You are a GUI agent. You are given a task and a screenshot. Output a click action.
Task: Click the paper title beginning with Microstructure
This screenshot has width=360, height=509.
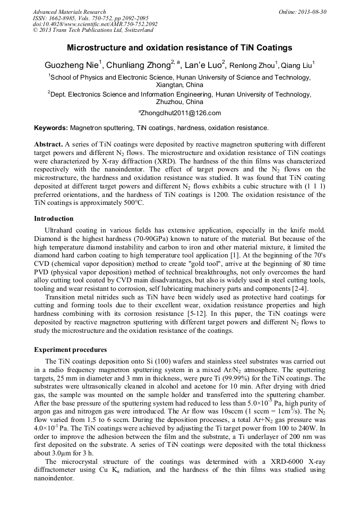point(179,48)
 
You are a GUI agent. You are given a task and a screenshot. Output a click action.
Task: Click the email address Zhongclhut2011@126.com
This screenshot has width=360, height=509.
point(180,113)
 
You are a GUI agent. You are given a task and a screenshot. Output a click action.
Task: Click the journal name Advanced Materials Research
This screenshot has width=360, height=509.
point(69,12)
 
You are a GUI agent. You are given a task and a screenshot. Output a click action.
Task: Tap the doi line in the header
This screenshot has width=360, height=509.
point(95,24)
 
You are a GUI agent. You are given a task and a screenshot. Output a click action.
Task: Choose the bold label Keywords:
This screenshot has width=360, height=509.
point(51,128)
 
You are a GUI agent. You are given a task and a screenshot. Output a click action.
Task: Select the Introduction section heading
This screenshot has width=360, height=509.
point(54,219)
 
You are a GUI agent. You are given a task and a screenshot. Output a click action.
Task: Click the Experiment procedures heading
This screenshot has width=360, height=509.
point(70,350)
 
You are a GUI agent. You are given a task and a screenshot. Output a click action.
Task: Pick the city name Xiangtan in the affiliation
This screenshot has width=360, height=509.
point(166,85)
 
